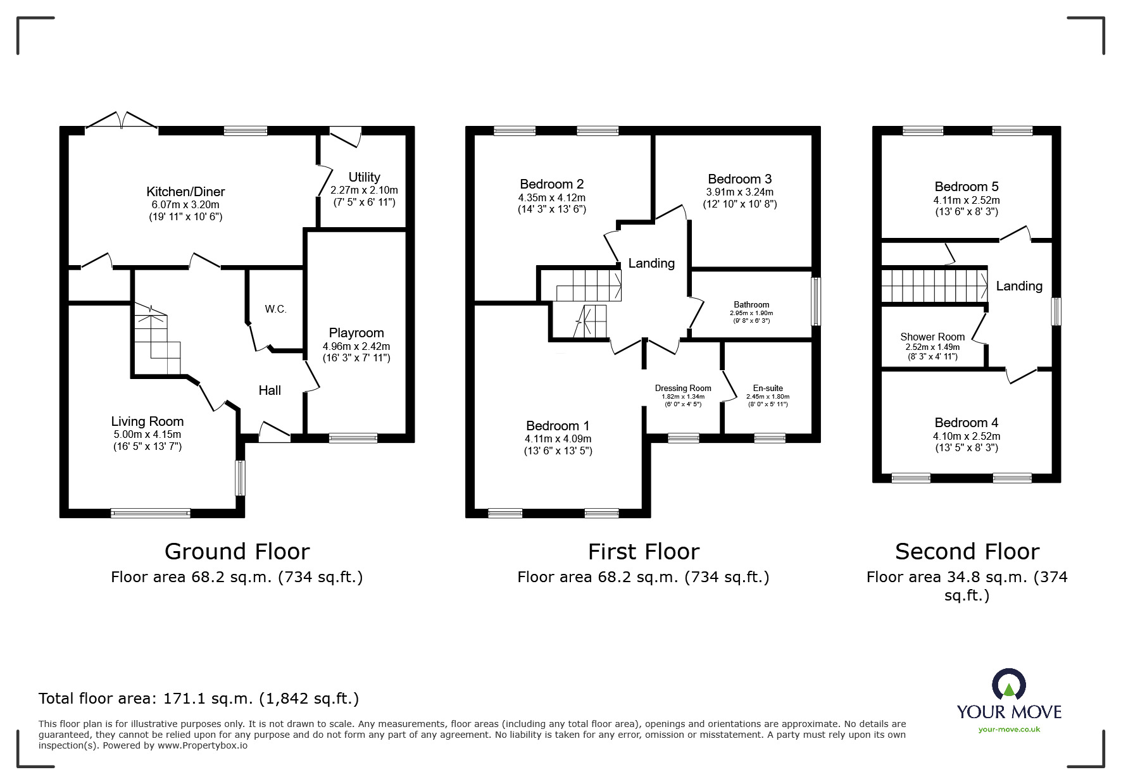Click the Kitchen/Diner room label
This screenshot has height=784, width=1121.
(185, 191)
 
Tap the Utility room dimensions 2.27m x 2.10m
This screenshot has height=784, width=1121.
(364, 190)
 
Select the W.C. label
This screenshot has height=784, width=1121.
(275, 309)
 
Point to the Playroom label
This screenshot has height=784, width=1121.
(356, 333)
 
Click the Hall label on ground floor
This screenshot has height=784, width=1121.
(270, 390)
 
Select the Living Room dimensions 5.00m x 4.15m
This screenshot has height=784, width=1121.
(147, 434)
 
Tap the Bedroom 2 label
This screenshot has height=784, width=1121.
(551, 184)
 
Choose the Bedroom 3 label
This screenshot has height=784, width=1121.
(739, 179)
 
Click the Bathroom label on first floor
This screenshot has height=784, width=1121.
(751, 304)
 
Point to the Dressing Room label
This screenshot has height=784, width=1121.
(683, 388)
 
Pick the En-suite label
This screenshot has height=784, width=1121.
(768, 388)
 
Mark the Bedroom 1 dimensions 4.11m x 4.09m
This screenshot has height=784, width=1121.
(558, 439)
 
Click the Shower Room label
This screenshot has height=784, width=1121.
(932, 337)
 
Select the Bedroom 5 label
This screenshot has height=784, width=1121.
(966, 187)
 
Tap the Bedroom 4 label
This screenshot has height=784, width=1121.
(966, 423)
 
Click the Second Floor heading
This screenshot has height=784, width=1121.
(967, 552)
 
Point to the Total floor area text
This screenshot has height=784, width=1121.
(199, 699)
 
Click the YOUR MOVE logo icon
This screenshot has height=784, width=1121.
(1009, 686)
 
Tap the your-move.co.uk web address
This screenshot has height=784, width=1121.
(1009, 730)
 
